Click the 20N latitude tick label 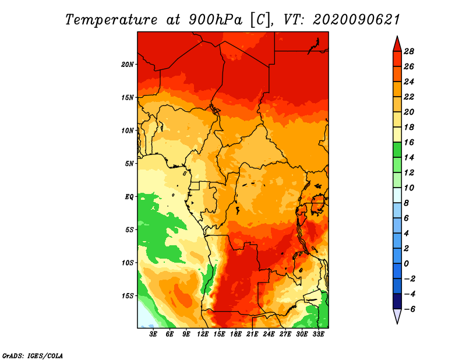tap(128, 65)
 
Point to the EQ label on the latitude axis tap(129, 197)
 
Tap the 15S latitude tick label tap(128, 296)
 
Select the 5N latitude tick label tap(129, 164)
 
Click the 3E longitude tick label tap(153, 334)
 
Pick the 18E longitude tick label tap(236, 334)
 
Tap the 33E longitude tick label tap(318, 334)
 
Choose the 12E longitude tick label tap(203, 334)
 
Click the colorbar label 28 tap(409, 51)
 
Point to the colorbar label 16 tap(409, 142)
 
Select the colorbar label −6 tap(409, 309)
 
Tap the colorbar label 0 tap(406, 264)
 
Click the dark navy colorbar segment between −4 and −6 tap(397, 301)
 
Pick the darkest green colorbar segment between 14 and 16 tap(397, 150)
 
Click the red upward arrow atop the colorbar tap(397, 45)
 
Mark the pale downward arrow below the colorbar tap(397, 316)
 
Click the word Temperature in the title tap(111, 20)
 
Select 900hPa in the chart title tap(216, 20)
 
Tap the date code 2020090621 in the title tap(356, 20)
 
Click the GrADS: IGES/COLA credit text tap(33, 356)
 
